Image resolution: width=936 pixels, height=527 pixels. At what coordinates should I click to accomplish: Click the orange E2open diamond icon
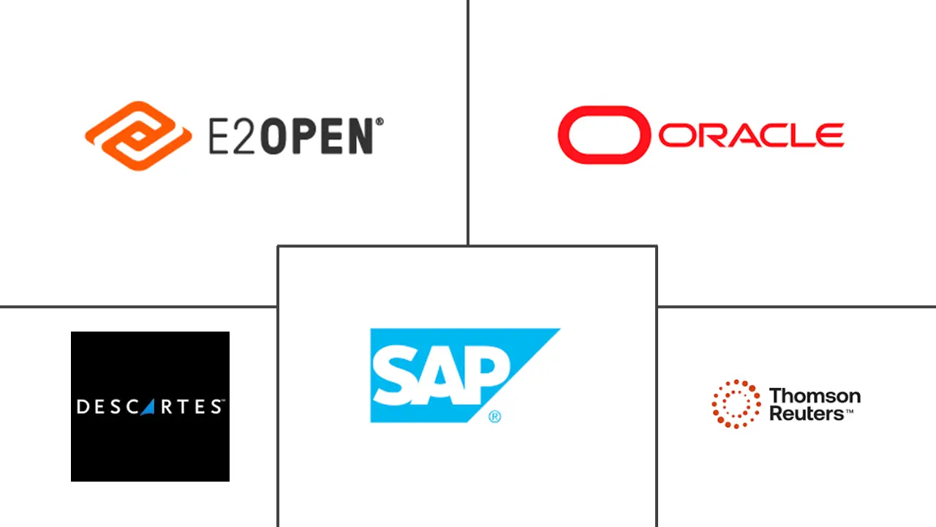[138, 135]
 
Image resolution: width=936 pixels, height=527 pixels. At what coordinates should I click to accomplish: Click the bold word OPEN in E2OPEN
[317, 136]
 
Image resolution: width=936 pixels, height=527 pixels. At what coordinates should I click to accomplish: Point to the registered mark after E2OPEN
[380, 122]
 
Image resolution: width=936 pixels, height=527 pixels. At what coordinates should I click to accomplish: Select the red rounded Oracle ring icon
[604, 135]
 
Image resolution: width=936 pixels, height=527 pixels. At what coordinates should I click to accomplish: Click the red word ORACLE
[751, 135]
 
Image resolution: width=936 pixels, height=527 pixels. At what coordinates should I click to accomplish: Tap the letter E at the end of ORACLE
[829, 135]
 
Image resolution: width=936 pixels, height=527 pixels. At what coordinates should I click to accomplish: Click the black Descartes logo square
[150, 406]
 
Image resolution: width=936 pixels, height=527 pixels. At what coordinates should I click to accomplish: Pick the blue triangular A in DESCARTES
[148, 407]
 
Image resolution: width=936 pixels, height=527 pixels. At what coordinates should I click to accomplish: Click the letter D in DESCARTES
[83, 407]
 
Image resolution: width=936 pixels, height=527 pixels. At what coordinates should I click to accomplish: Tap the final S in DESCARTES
[216, 407]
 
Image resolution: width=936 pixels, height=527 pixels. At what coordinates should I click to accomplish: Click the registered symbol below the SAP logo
[494, 416]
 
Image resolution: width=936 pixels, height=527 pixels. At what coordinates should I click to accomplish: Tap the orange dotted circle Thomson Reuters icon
[736, 404]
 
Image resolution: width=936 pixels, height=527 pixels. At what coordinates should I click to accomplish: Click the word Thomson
[815, 396]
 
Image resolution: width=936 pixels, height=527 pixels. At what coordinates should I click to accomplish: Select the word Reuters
[807, 414]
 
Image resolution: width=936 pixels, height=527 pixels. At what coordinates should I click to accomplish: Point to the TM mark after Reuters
[849, 411]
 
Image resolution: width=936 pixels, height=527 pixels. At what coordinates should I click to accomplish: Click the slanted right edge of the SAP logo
[513, 375]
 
